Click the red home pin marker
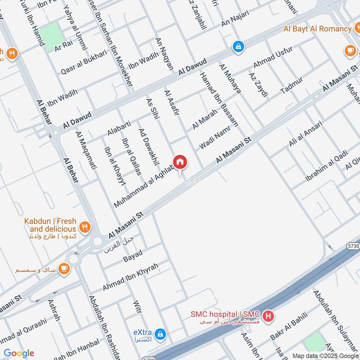[180, 162]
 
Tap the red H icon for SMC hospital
[268, 316]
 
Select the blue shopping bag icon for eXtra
[160, 334]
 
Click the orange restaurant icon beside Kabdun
[84, 226]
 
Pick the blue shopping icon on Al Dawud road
[237, 46]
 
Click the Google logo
[19, 353]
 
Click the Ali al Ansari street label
[306, 134]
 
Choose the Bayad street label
[133, 256]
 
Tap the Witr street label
[137, 309]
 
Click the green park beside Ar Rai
[50, 32]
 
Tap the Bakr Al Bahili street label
[288, 328]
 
